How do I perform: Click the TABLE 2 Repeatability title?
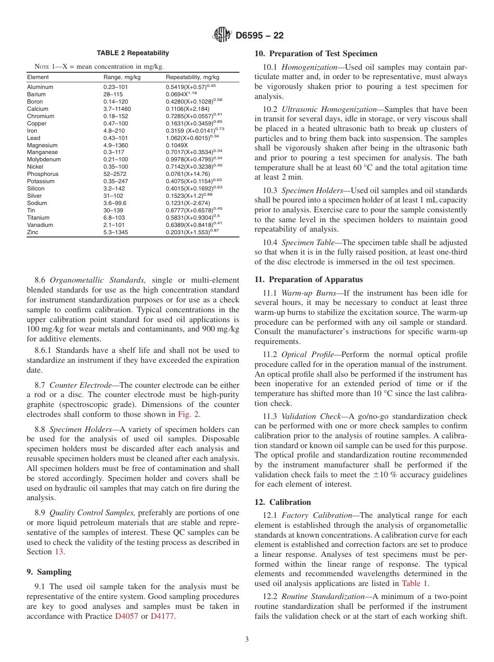click(133, 53)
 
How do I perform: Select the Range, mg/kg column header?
click(122, 77)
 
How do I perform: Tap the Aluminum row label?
click(38, 87)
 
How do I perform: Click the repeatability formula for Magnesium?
click(177, 145)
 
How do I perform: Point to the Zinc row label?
click(32, 232)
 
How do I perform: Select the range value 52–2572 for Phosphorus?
click(114, 174)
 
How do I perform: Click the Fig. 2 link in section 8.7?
click(189, 414)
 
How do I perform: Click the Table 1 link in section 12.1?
click(414, 583)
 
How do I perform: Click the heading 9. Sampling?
click(49, 572)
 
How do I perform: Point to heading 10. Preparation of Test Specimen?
click(316, 54)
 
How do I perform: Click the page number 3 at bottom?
click(246, 640)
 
